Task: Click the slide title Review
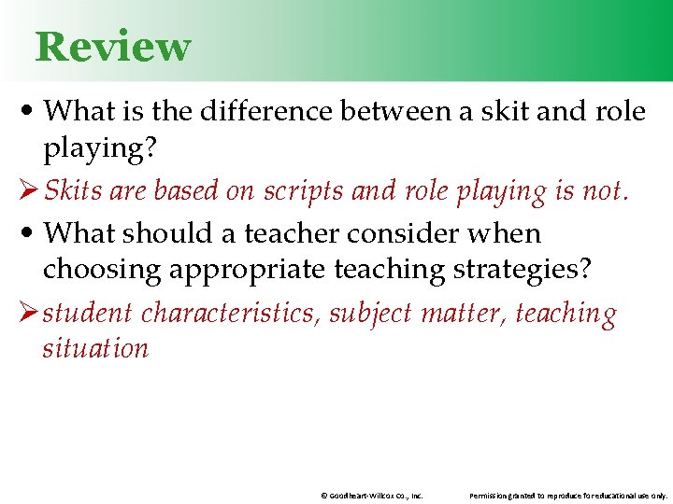point(113,47)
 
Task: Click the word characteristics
point(230,313)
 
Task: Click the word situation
point(95,349)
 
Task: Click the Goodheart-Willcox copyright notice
point(371,496)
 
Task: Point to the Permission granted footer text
point(568,496)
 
